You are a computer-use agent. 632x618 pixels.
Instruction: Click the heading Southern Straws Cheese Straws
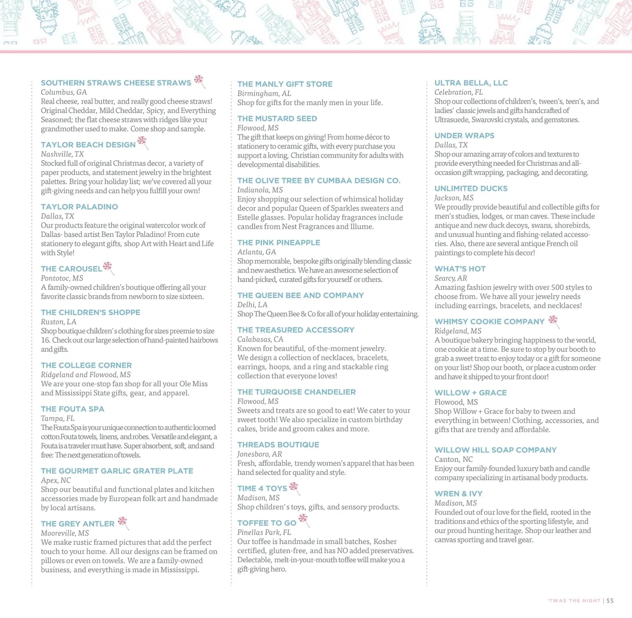(x=116, y=83)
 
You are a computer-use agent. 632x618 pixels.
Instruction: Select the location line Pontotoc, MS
(x=62, y=278)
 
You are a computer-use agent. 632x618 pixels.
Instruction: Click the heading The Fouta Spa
(x=73, y=409)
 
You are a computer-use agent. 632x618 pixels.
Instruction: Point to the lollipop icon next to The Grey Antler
(x=122, y=522)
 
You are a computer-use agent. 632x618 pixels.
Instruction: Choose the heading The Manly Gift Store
(x=285, y=84)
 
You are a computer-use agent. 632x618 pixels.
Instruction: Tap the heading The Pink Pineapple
(x=278, y=243)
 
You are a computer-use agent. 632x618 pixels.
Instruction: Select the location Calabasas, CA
(x=260, y=339)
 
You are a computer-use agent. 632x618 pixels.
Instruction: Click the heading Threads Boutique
(x=278, y=445)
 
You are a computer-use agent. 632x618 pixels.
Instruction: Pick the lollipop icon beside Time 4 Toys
(x=294, y=487)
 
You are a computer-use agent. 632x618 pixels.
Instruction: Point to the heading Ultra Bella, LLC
(x=471, y=83)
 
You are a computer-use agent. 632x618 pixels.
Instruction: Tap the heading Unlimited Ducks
(x=471, y=188)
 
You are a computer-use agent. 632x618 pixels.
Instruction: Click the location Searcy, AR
(x=450, y=278)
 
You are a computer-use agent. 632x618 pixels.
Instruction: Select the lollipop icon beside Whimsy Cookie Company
(x=553, y=320)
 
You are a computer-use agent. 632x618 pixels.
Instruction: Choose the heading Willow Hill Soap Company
(x=495, y=450)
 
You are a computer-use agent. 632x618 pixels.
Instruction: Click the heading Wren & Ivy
(x=458, y=494)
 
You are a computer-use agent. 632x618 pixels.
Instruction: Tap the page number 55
(x=610, y=600)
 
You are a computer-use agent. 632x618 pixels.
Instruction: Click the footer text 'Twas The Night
(x=573, y=600)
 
